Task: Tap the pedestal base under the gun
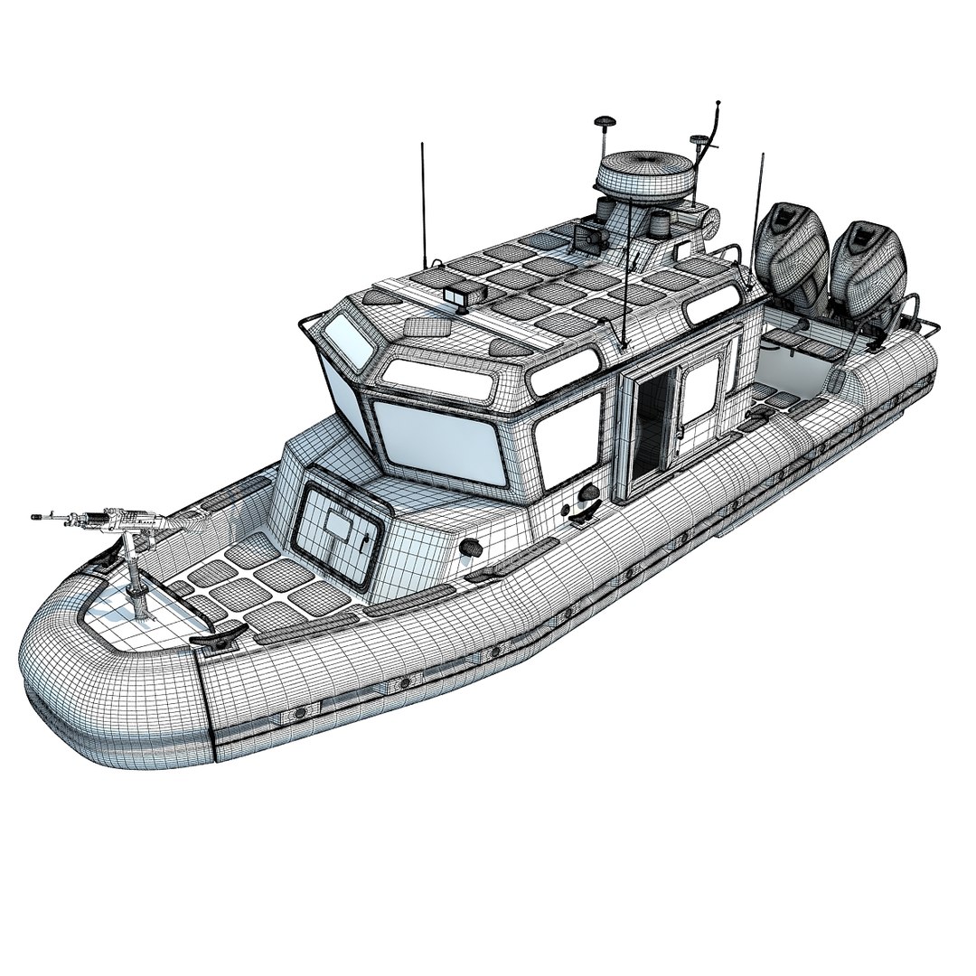tap(141, 601)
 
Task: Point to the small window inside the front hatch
tap(337, 526)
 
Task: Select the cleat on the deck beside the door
tap(583, 517)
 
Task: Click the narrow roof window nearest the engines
tap(711, 308)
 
